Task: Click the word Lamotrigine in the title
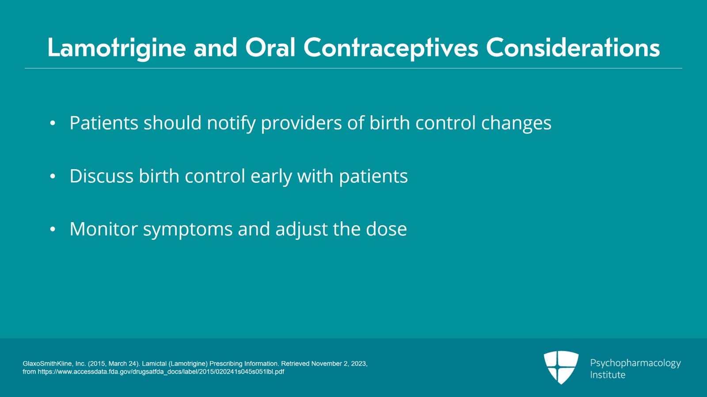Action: point(117,48)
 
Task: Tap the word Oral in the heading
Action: point(270,48)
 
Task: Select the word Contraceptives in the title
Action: point(391,48)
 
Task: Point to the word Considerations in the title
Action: point(573,48)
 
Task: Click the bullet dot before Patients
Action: point(53,123)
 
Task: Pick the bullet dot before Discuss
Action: point(53,176)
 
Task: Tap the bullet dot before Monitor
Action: point(53,229)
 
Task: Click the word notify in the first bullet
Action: point(231,123)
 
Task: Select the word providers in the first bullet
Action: point(301,123)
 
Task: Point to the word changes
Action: point(517,123)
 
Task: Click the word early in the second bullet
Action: point(271,176)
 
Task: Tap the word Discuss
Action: point(101,176)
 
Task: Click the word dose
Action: point(386,229)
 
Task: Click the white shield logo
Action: point(561,367)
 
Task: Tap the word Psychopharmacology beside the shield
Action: point(635,363)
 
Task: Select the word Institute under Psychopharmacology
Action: point(608,374)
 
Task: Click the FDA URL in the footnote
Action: point(161,372)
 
